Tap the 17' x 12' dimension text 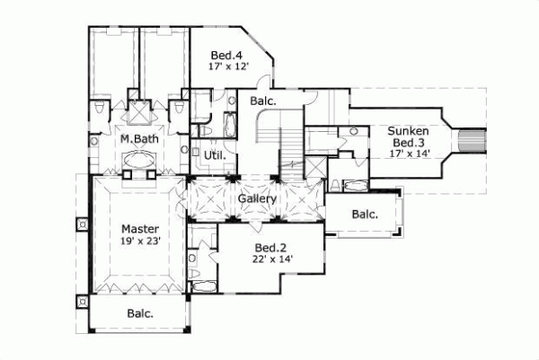coord(228,66)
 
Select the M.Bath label coord(140,141)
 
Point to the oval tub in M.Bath coord(140,162)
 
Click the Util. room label coord(214,155)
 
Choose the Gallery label coord(256,198)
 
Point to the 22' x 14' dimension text coord(271,259)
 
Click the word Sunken coord(408,131)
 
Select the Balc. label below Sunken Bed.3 coord(364,215)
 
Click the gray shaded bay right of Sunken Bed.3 coord(473,140)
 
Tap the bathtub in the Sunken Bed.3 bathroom coord(356,186)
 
